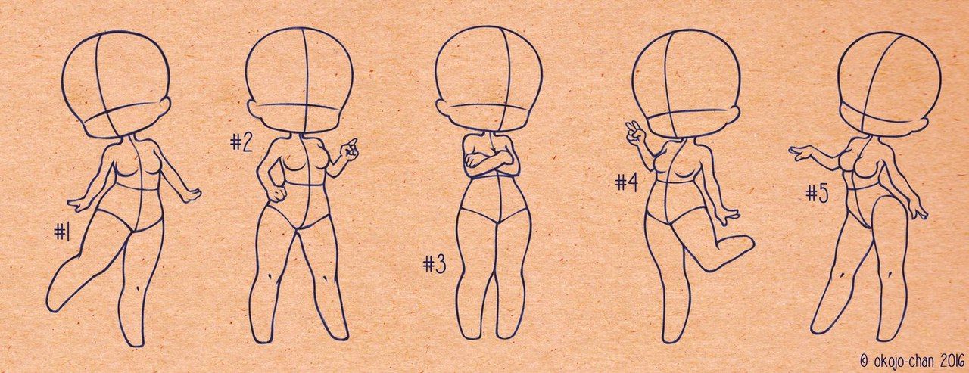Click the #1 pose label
(x=62, y=233)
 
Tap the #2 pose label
(x=241, y=142)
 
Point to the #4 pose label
(x=627, y=183)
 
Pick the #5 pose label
(x=817, y=194)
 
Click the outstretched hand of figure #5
(x=801, y=152)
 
